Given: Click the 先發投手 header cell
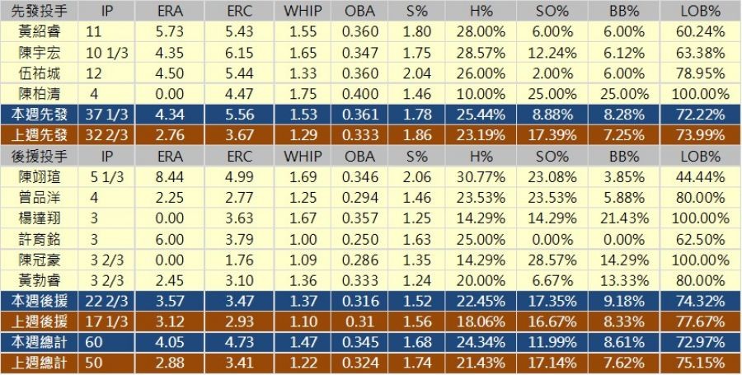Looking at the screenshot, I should point(40,11).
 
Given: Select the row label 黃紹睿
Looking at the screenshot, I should point(40,32).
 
